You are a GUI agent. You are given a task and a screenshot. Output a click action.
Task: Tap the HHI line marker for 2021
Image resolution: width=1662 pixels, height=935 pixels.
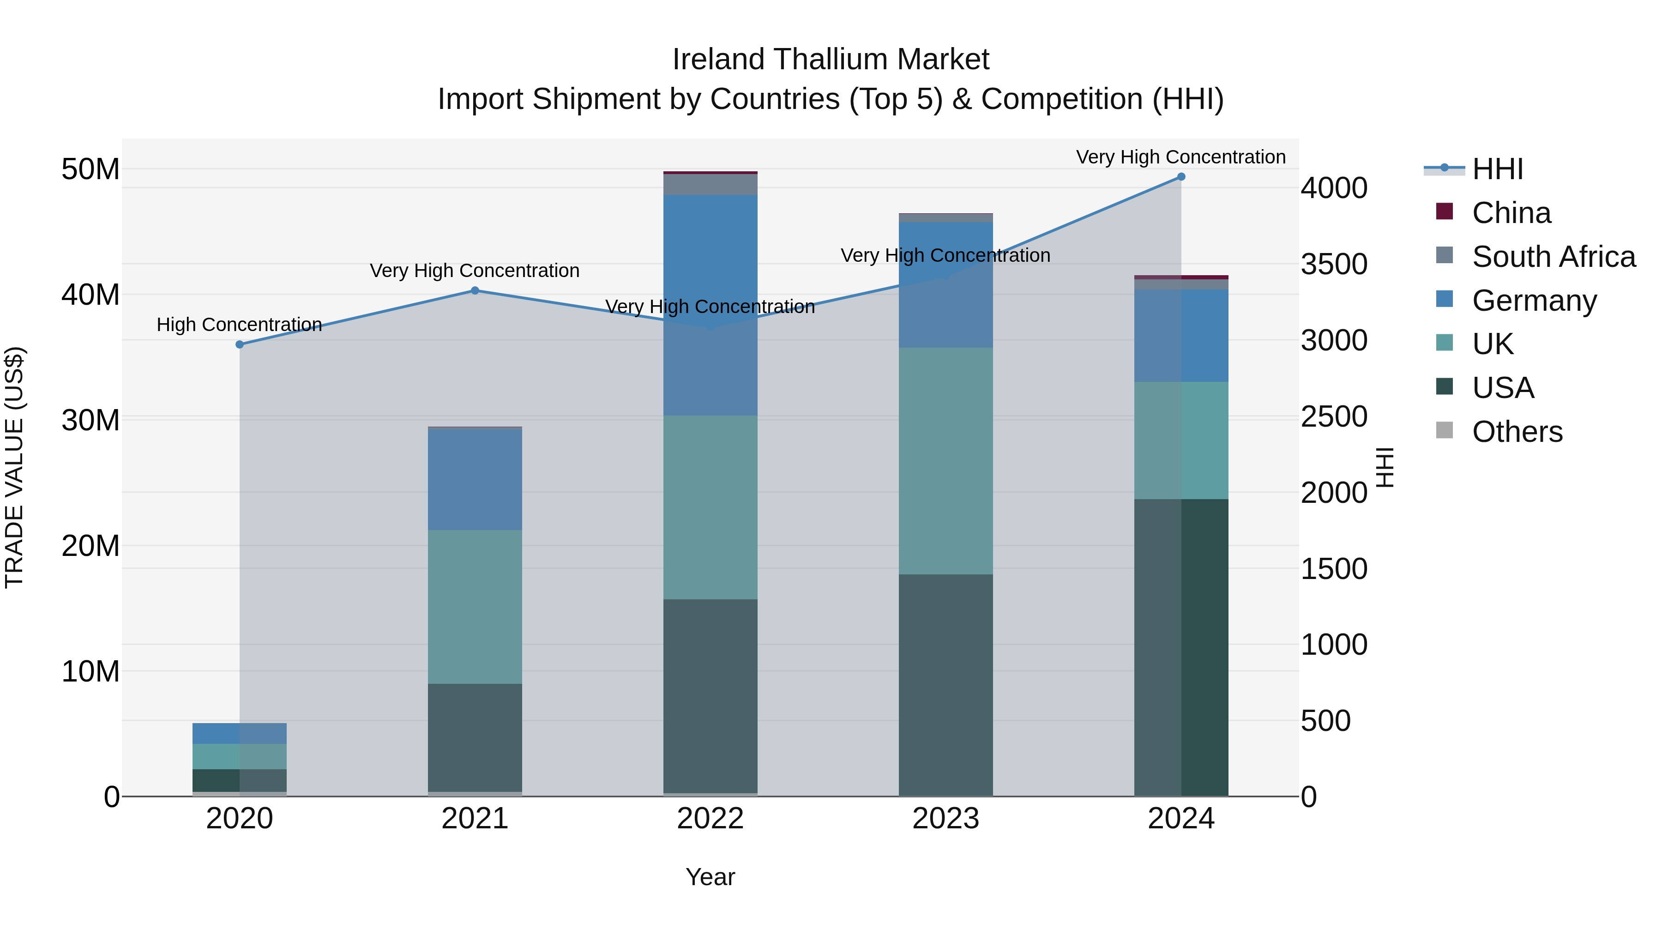click(475, 290)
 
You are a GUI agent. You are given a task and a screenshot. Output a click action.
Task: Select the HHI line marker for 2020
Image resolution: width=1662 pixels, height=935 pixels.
click(239, 344)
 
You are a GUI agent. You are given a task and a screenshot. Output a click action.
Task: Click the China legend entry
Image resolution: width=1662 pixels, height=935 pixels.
click(1511, 213)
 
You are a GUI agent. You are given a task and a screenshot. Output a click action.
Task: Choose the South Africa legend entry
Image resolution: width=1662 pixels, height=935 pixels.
click(1553, 257)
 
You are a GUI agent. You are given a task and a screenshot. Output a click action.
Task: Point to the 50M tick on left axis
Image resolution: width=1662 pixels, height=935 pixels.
click(90, 170)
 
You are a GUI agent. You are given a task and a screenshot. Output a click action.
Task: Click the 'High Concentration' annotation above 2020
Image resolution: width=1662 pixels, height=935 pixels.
click(239, 325)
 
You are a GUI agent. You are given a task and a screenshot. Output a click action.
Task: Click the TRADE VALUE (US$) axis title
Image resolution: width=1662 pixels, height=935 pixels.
click(14, 467)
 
